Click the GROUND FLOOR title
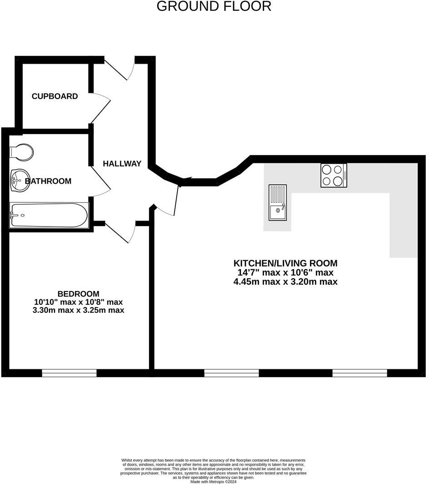(214, 6)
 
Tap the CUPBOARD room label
(55, 96)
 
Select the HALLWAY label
(122, 164)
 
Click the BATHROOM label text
(48, 181)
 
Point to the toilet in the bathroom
(21, 152)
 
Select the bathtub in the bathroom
(49, 215)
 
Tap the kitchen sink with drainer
(278, 202)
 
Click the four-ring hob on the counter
(334, 175)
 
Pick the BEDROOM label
(78, 294)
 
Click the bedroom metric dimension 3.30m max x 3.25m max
(78, 310)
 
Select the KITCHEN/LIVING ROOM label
(285, 263)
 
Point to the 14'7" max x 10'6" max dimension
(285, 272)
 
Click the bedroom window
(70, 373)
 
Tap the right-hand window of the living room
(359, 373)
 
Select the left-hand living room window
(231, 373)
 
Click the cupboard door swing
(100, 107)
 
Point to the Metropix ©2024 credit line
(213, 481)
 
